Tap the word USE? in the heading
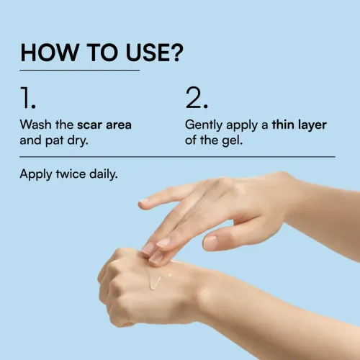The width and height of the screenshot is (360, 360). [x=154, y=53]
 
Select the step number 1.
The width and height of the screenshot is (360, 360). [x=28, y=98]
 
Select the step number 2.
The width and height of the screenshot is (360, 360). [x=197, y=98]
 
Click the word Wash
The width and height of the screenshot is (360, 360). [x=35, y=125]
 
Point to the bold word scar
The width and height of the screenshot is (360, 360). [x=89, y=125]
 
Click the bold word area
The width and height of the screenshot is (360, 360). [x=119, y=125]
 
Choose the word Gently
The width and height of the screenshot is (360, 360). [x=204, y=125]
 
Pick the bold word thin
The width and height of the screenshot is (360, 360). [x=283, y=125]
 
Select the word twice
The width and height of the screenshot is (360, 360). [x=71, y=174]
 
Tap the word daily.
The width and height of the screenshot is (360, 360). [x=104, y=174]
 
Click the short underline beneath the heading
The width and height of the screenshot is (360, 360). [x=80, y=71]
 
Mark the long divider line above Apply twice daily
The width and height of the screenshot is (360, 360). [x=177, y=157]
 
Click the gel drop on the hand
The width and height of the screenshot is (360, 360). [x=156, y=282]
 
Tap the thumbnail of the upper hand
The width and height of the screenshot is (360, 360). [x=210, y=242]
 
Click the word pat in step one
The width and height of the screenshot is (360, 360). [x=54, y=141]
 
